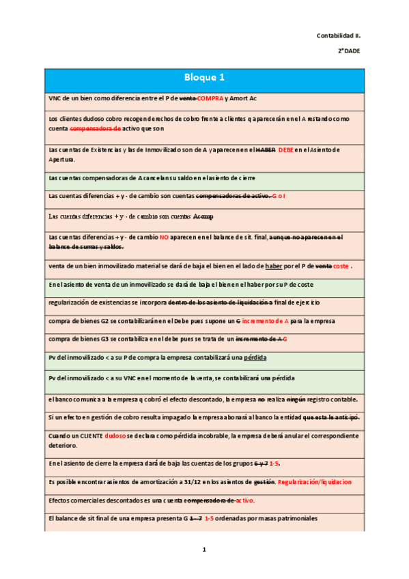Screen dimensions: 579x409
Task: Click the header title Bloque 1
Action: coord(204,77)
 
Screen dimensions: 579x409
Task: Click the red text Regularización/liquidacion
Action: coord(315,482)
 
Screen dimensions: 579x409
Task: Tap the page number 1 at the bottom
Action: coord(203,550)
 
